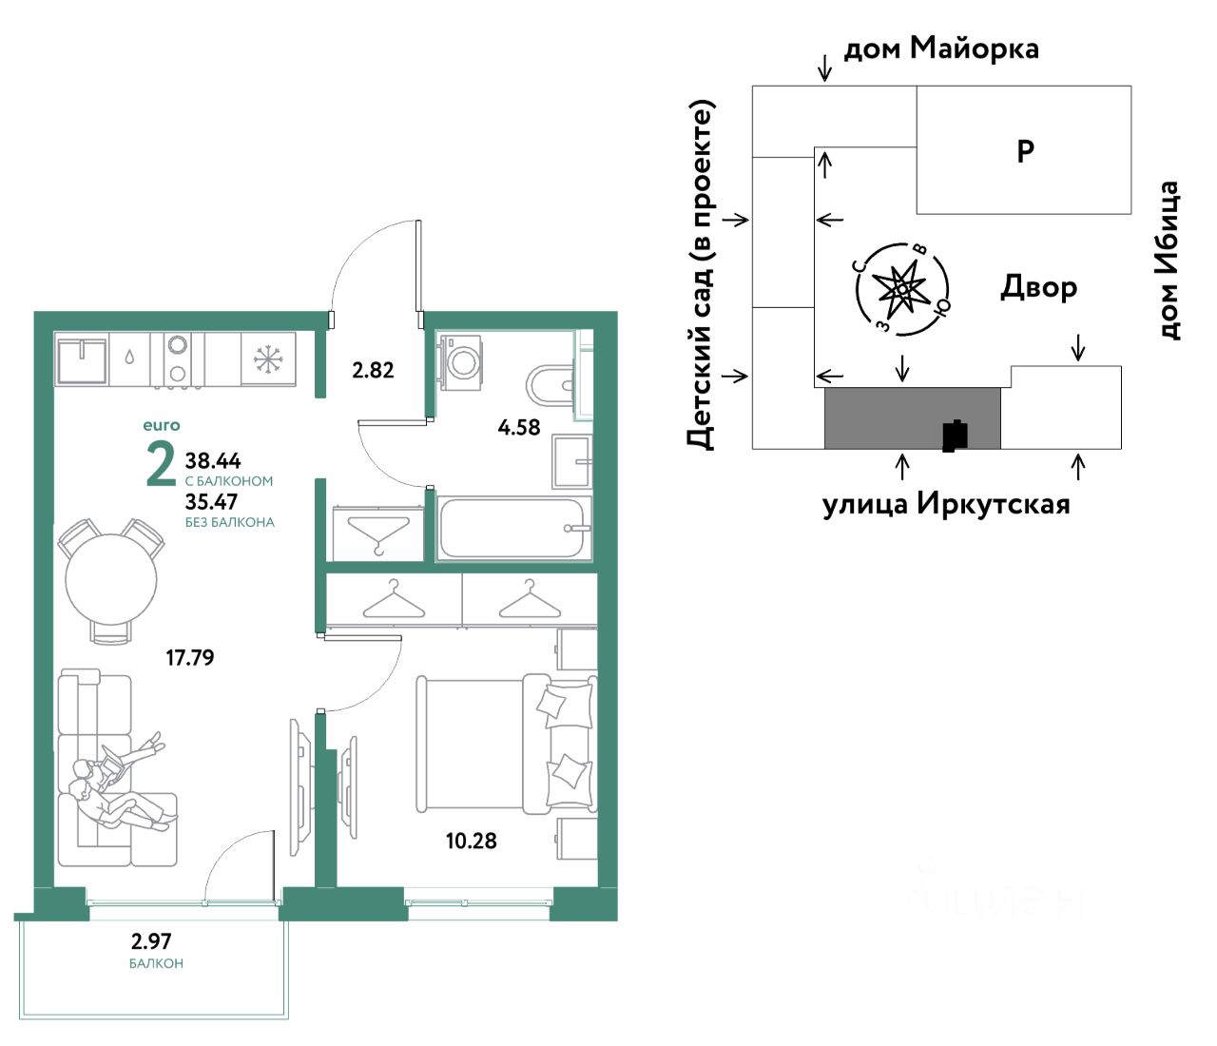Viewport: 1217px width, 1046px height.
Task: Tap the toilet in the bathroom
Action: pos(551,386)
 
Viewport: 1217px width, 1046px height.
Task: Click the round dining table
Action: pos(110,580)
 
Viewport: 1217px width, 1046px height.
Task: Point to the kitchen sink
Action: pos(82,359)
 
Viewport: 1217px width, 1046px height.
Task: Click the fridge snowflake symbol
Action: pos(268,358)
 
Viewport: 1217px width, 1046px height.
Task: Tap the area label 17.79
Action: pos(189,658)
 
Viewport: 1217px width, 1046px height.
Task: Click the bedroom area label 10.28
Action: pos(471,841)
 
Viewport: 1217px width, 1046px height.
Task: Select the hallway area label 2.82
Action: pos(373,371)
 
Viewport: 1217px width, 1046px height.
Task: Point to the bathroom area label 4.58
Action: pos(519,428)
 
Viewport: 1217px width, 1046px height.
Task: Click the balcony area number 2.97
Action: pos(151,941)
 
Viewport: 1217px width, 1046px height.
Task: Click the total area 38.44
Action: pos(213,460)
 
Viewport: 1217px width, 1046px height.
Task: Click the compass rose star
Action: pos(900,290)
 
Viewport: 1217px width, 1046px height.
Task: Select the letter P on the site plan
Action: pos(1026,152)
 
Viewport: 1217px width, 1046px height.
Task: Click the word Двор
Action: pos(1038,288)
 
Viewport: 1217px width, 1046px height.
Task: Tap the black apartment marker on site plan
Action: pos(955,436)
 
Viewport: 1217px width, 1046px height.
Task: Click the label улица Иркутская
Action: pos(946,505)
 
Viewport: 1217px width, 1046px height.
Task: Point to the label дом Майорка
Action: pos(941,48)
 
